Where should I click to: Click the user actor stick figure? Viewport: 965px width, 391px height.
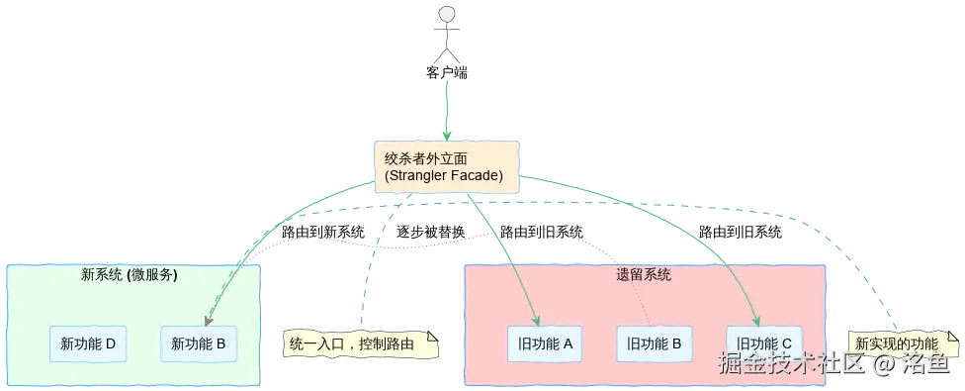(x=447, y=35)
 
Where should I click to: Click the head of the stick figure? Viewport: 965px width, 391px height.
(x=447, y=14)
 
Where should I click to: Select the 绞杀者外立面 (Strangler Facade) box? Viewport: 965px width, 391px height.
(x=447, y=166)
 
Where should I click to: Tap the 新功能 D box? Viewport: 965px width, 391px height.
(x=88, y=344)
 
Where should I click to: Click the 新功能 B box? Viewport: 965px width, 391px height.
(x=199, y=344)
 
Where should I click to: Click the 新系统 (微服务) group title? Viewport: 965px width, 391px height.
(x=129, y=275)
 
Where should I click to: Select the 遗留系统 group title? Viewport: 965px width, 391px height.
(x=644, y=275)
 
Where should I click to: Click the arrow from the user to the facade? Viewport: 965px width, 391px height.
(x=447, y=99)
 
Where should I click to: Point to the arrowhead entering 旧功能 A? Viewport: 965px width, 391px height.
(x=535, y=319)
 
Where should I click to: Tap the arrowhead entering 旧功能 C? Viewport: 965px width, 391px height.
(x=756, y=319)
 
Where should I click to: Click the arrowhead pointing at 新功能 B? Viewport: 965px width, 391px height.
(x=207, y=320)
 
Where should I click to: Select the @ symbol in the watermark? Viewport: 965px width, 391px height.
(x=883, y=364)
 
